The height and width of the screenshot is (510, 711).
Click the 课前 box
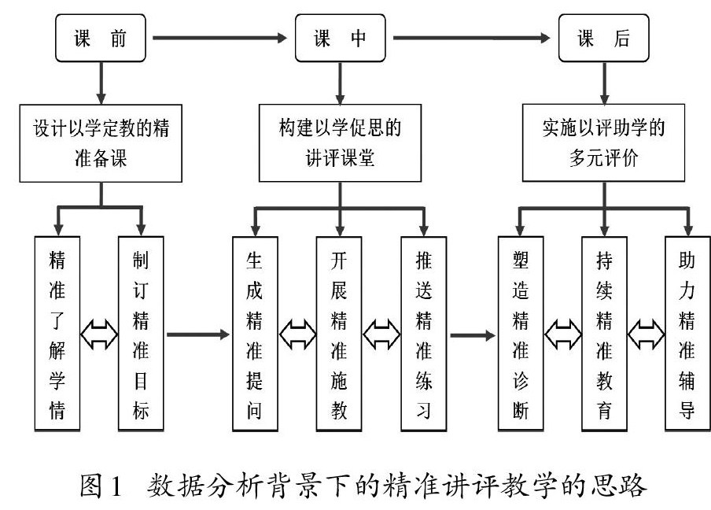[x=101, y=38]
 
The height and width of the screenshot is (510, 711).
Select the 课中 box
[x=340, y=38]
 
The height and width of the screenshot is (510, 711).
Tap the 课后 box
[x=604, y=38]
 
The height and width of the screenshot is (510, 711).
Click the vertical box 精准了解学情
[x=57, y=333]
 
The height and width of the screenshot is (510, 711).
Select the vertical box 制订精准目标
[x=141, y=333]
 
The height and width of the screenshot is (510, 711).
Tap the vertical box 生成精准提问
[x=256, y=333]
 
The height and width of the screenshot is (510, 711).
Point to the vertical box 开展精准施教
[x=339, y=333]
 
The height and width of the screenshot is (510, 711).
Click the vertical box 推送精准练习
[x=424, y=333]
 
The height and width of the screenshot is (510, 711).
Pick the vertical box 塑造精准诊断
[x=521, y=333]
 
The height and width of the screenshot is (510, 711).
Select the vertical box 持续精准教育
[x=604, y=333]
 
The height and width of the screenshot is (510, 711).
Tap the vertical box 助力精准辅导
[x=687, y=333]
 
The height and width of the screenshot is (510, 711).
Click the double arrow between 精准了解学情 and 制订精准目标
[x=99, y=333]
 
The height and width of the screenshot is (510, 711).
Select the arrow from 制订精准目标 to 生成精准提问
[x=197, y=334]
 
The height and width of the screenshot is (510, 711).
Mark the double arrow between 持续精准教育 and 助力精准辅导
[x=646, y=333]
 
